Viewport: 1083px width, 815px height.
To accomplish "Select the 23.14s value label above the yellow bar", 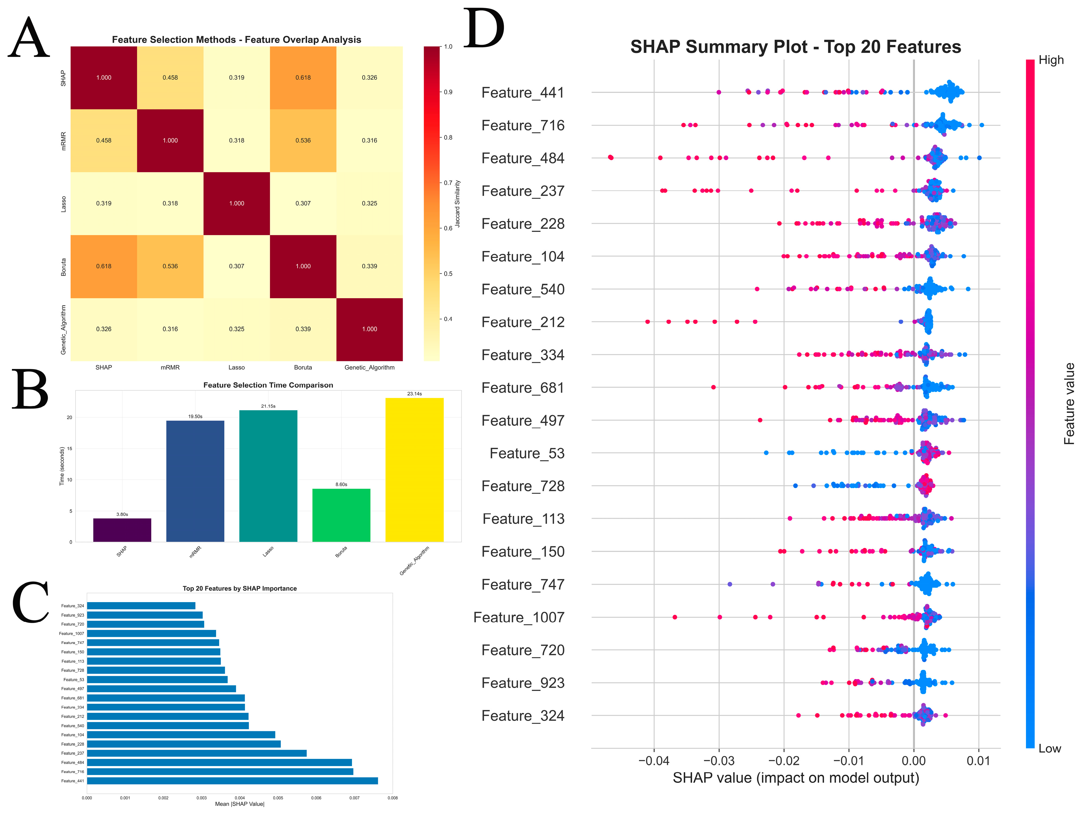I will pos(414,394).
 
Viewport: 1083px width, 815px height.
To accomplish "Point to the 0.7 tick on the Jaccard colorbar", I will pos(448,183).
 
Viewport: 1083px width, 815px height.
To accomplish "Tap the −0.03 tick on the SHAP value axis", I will pos(719,761).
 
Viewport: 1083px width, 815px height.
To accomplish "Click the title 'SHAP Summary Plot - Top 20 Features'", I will pos(796,47).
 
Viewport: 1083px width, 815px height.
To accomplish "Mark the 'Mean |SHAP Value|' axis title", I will pos(239,804).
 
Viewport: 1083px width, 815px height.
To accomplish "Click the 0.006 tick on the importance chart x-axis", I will pos(316,798).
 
